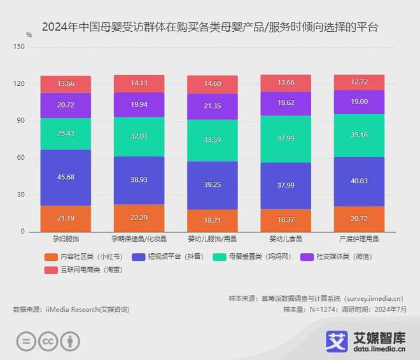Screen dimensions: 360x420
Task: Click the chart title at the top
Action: point(209,27)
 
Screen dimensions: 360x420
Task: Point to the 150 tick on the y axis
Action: point(19,47)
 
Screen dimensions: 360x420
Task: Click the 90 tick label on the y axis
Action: point(20,121)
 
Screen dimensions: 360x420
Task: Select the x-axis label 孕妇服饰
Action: point(65,239)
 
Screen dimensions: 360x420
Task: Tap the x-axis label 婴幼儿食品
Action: point(285,239)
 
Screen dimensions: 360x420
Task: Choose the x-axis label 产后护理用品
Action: point(359,239)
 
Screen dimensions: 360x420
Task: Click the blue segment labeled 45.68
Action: point(65,178)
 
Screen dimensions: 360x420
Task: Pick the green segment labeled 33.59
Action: point(212,141)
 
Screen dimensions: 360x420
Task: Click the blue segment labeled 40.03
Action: point(359,181)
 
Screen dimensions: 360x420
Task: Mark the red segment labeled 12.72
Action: point(359,82)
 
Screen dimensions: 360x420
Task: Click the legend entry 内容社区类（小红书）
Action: point(79,257)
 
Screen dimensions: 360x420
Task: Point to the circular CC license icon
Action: point(49,340)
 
